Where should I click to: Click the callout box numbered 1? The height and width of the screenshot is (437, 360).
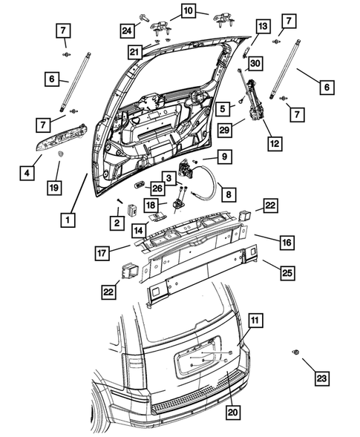tap(68, 220)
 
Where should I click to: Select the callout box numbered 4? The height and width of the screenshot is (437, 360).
tap(26, 173)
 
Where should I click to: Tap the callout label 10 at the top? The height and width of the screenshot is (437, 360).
tap(186, 10)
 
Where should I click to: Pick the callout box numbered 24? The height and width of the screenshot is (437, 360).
tap(127, 30)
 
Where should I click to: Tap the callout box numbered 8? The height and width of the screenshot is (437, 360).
tap(228, 194)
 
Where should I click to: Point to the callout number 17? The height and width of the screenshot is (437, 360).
tap(102, 254)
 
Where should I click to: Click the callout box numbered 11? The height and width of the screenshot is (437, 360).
tap(255, 321)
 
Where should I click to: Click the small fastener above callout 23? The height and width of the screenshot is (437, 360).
tap(298, 351)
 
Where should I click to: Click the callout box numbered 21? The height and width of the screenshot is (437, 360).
tap(134, 51)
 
